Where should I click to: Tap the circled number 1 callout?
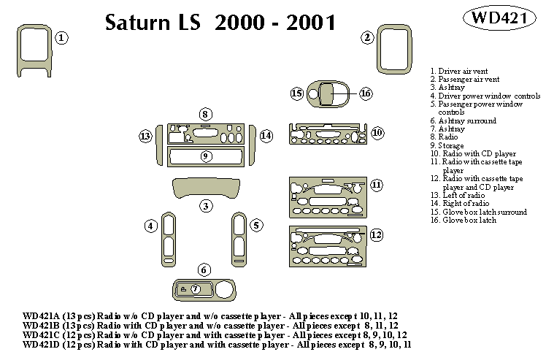point(63,37)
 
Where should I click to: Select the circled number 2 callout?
point(368,37)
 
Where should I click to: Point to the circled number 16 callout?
point(366,93)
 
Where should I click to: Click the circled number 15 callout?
point(296,93)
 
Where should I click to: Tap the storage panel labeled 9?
point(206,156)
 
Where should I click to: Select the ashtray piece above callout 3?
point(207,188)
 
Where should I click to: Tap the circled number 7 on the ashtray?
point(195,289)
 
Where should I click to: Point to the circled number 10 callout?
point(377,133)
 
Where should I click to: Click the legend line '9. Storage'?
point(448,145)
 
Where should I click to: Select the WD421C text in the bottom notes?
point(42,334)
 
